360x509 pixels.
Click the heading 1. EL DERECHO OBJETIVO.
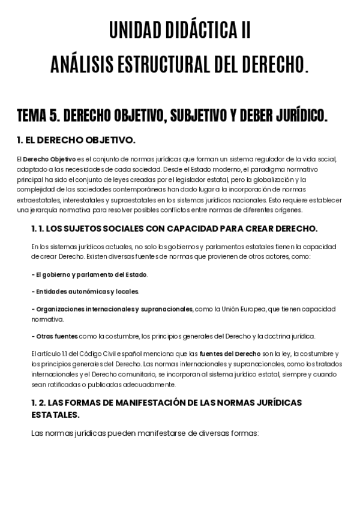[x=76, y=140]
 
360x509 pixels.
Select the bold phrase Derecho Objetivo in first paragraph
[x=49, y=159]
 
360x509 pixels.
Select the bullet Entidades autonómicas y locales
[x=85, y=292]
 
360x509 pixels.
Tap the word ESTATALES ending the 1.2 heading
[x=55, y=415]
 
